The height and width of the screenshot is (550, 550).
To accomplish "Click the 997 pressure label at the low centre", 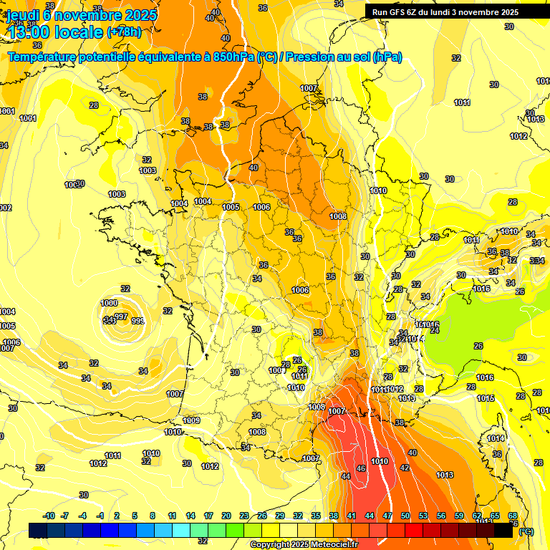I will pyautogui.click(x=121, y=317).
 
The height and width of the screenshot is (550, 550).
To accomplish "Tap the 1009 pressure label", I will pyautogui.click(x=191, y=420).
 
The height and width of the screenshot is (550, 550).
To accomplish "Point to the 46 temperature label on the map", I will pyautogui.click(x=361, y=468).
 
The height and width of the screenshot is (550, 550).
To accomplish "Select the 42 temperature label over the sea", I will pyautogui.click(x=405, y=467).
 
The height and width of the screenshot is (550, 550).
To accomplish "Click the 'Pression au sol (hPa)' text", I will pyautogui.click(x=343, y=57).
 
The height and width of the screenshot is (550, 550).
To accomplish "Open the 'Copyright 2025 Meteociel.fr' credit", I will pyautogui.click(x=303, y=544).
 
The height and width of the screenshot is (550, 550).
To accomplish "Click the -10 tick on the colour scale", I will pyautogui.click(x=49, y=516).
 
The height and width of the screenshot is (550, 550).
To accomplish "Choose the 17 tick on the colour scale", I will pyautogui.click(x=208, y=516).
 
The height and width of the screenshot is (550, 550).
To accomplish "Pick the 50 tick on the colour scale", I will pyautogui.click(x=405, y=516).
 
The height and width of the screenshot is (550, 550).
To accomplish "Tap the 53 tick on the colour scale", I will pyautogui.click(x=423, y=516).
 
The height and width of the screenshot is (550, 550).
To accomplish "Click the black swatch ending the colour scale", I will pyautogui.click(x=503, y=531).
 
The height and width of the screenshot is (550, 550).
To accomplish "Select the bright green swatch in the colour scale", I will pyautogui.click(x=234, y=531).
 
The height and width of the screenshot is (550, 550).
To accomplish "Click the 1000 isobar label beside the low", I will pyautogui.click(x=110, y=303).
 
